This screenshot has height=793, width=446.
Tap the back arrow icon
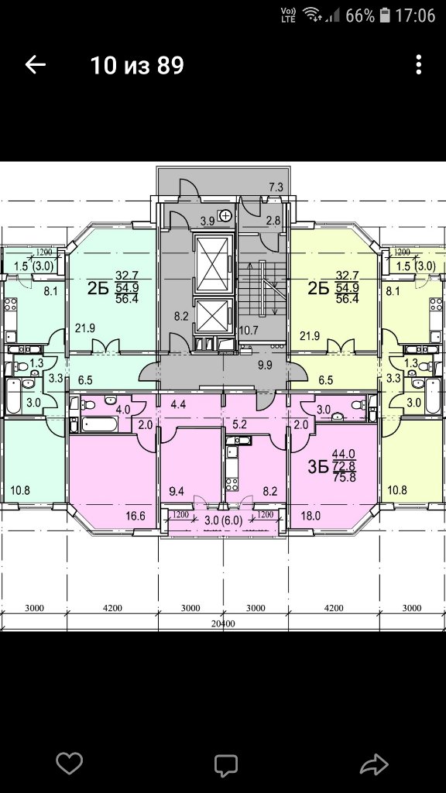click(x=36, y=65)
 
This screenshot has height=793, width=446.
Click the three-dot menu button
click(x=418, y=65)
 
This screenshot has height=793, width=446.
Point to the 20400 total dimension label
click(x=223, y=623)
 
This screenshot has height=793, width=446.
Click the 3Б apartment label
click(x=318, y=466)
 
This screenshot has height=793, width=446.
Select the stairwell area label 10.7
click(x=249, y=331)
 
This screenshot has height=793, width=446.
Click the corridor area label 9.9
click(x=265, y=364)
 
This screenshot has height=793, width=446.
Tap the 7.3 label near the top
click(x=276, y=187)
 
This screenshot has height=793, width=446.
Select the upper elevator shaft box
click(x=212, y=264)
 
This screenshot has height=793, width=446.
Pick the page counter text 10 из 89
click(x=137, y=65)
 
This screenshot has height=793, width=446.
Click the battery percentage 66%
click(x=360, y=15)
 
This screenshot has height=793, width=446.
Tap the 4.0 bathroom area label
click(x=124, y=409)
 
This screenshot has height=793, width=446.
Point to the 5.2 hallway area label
click(x=240, y=425)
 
